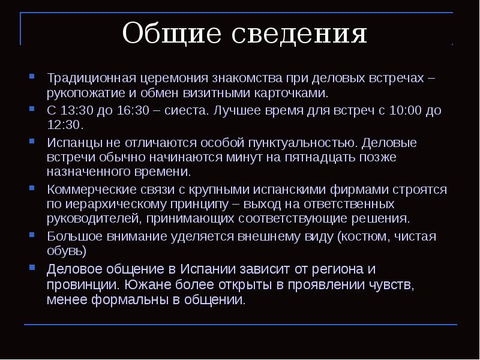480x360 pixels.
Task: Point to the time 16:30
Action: [x=128, y=111]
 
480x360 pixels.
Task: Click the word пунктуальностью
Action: [x=302, y=143]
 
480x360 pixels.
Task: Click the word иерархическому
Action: [x=110, y=205]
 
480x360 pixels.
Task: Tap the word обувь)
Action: [x=67, y=251]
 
